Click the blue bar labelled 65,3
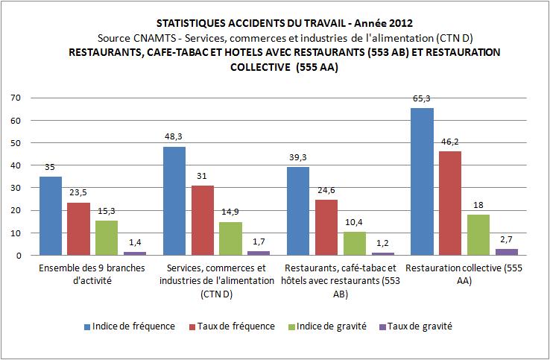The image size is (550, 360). click(421, 182)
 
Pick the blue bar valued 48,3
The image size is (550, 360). click(174, 201)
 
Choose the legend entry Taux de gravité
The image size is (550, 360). click(417, 326)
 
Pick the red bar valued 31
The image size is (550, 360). click(202, 221)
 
